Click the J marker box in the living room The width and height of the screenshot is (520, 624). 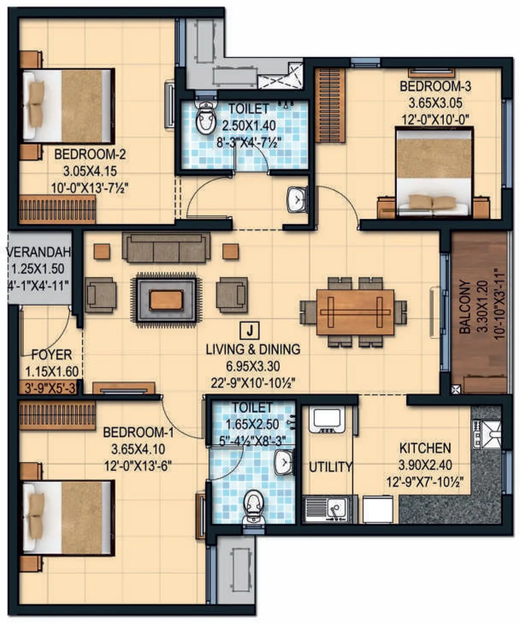(251, 330)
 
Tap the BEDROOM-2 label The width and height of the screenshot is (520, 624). (90, 154)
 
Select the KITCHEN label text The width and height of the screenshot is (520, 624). (425, 448)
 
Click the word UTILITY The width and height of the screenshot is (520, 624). (331, 467)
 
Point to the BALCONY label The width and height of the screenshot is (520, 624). (465, 307)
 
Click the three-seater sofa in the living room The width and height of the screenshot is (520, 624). (166, 247)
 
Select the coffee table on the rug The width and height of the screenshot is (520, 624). (166, 300)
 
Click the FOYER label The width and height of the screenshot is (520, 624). (52, 355)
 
